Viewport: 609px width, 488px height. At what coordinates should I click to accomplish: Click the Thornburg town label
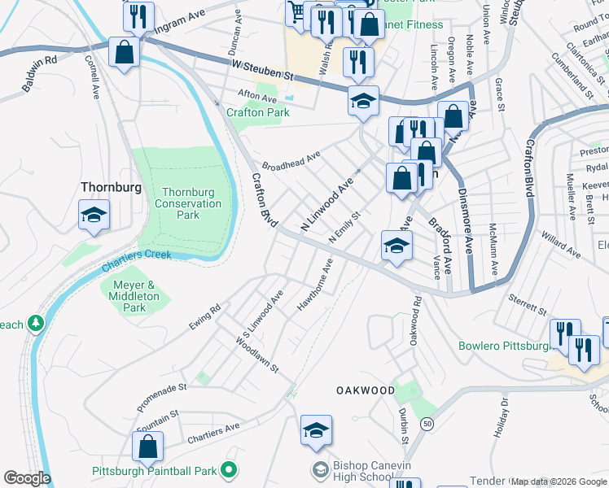pyautogui.click(x=111, y=187)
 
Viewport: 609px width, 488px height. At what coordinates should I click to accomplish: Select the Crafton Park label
pyautogui.click(x=257, y=112)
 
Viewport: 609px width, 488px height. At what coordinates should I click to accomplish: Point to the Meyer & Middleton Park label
pyautogui.click(x=135, y=296)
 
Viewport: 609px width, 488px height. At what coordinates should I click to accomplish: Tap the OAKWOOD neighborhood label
pyautogui.click(x=366, y=390)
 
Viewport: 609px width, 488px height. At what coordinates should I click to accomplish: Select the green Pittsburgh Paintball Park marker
pyautogui.click(x=230, y=470)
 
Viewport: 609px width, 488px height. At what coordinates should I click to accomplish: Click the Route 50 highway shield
pyautogui.click(x=427, y=424)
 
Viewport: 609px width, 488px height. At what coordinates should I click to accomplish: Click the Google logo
pyautogui.click(x=27, y=478)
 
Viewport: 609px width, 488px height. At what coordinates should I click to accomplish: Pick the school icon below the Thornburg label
pyautogui.click(x=94, y=216)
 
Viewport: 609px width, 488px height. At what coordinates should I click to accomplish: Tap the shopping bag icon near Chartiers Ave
pyautogui.click(x=147, y=446)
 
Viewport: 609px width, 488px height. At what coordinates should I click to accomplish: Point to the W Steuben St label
pyautogui.click(x=261, y=72)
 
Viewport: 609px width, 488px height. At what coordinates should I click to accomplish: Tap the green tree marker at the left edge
pyautogui.click(x=36, y=325)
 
